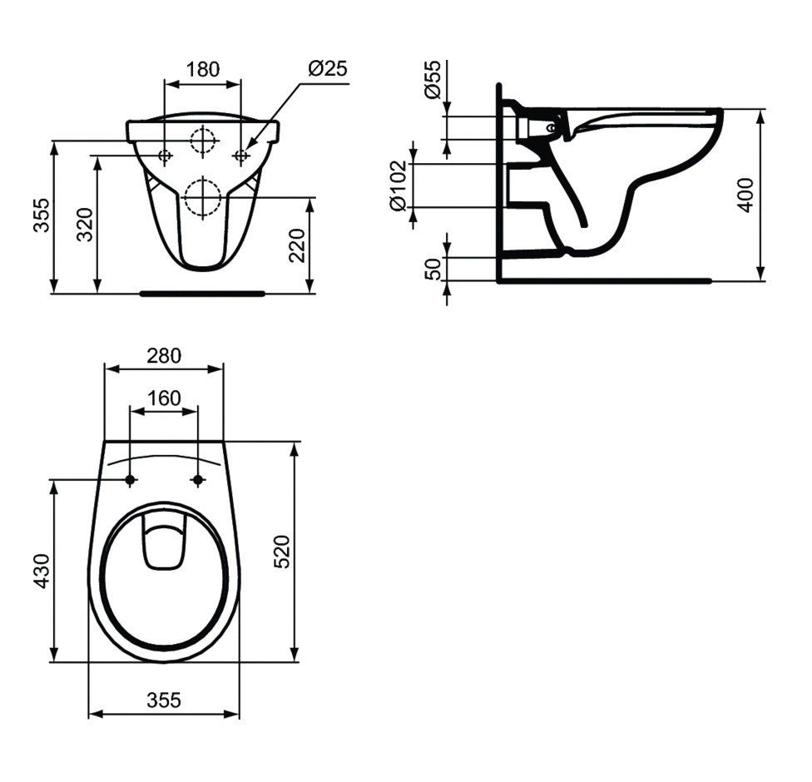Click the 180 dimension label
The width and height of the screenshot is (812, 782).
coord(202,69)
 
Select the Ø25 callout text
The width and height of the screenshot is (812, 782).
coord(326,69)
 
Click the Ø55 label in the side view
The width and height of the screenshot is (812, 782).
coord(433,81)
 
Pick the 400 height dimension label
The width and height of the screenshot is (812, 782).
coord(746,195)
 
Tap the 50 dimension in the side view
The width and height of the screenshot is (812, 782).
coord(433,269)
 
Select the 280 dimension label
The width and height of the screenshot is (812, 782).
coord(164,355)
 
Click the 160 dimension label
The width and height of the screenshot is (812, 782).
coord(164,398)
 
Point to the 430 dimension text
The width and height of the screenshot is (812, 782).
coord(40,572)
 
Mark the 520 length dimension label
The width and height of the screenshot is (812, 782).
coord(282,551)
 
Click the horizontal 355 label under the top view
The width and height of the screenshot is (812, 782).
coord(164,700)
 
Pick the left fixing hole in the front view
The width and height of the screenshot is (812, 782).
coord(165,156)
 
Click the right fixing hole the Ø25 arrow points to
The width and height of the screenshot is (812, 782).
coord(241,156)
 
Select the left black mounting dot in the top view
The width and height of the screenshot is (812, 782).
coord(131,479)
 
